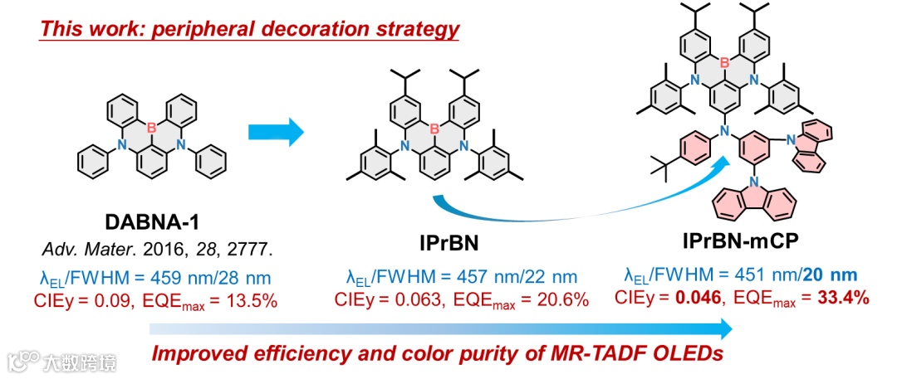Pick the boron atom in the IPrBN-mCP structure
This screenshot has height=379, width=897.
click(725, 61)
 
